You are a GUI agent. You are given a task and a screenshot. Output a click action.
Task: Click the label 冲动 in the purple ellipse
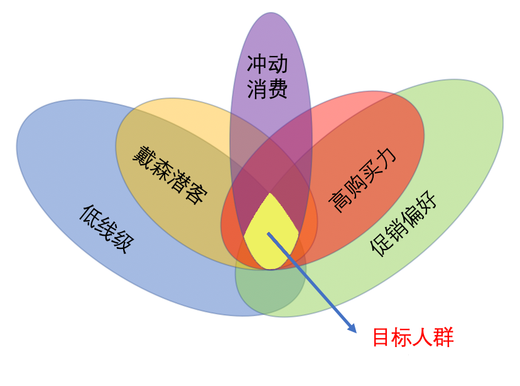point(268,64)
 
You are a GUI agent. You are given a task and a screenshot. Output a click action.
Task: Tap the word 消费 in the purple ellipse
point(268,89)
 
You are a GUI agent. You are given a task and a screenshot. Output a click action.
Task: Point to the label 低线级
point(107,229)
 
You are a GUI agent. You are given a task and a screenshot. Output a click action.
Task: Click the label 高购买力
point(362,180)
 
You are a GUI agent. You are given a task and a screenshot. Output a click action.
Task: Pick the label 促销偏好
point(403,223)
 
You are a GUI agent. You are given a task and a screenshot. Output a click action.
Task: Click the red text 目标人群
point(413,337)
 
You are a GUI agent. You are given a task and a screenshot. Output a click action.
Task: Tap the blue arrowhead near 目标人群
point(352,328)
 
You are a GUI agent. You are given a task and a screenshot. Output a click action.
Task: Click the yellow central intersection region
point(271,233)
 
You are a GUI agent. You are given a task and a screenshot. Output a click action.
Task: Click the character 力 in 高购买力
point(386,157)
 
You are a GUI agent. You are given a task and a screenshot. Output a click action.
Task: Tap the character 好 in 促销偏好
point(426,200)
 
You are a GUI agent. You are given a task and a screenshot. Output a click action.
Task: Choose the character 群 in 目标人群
point(444,337)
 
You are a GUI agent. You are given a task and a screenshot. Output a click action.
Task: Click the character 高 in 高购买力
point(339,202)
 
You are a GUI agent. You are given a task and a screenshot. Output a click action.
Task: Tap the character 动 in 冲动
point(278,64)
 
